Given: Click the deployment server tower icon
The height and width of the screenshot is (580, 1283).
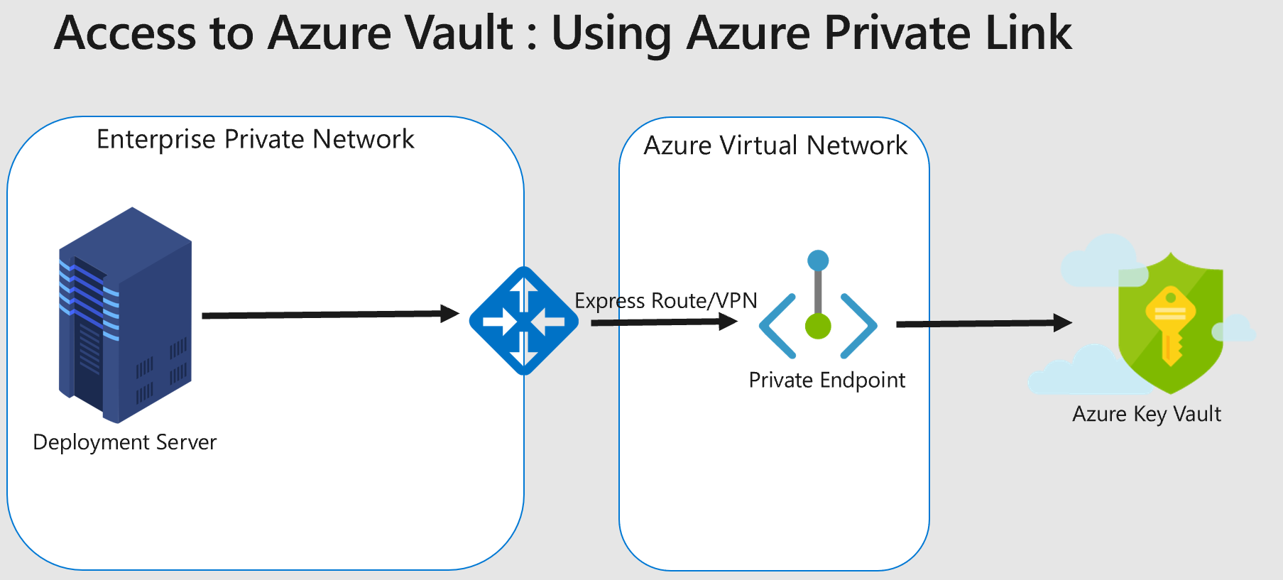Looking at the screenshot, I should tap(125, 316).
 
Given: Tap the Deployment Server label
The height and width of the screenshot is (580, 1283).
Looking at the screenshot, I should tap(124, 442).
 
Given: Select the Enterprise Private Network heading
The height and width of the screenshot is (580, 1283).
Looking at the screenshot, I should tap(255, 139).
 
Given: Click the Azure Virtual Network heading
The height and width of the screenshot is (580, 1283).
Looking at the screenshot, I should tap(775, 146).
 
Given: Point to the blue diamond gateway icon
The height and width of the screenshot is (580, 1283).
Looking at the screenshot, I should tap(524, 321).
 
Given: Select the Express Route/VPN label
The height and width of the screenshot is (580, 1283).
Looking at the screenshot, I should tap(665, 301).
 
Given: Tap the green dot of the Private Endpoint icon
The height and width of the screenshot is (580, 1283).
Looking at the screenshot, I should tap(818, 327).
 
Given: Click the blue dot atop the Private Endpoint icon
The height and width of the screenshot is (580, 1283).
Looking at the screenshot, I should tap(818, 260).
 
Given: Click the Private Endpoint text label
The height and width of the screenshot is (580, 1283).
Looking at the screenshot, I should tap(826, 381).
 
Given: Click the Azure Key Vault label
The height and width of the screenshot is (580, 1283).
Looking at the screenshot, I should tap(1146, 414).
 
